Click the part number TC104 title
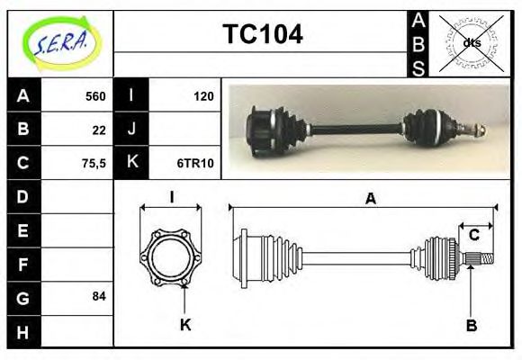(x=262, y=34)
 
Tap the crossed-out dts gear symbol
(x=471, y=42)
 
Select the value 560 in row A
(x=94, y=96)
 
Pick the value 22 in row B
(x=99, y=130)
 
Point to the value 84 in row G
(x=99, y=295)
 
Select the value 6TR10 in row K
(x=195, y=163)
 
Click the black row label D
(x=23, y=195)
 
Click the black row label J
(x=132, y=130)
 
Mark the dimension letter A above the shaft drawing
(x=369, y=200)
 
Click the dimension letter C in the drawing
(x=473, y=235)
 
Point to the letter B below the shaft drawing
(x=471, y=324)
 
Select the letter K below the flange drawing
(x=184, y=324)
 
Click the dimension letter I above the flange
(x=171, y=198)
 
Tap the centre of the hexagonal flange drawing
(x=171, y=257)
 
